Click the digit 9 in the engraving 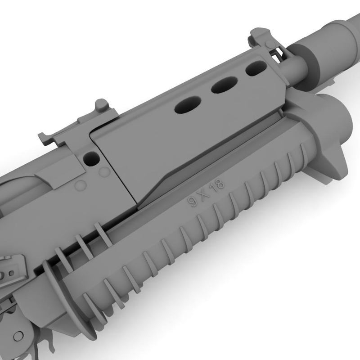point(194,202)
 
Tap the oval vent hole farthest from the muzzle point(186,106)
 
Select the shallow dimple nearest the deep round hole point(104,172)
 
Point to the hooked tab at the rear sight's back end point(44,138)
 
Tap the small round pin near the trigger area point(19,335)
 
